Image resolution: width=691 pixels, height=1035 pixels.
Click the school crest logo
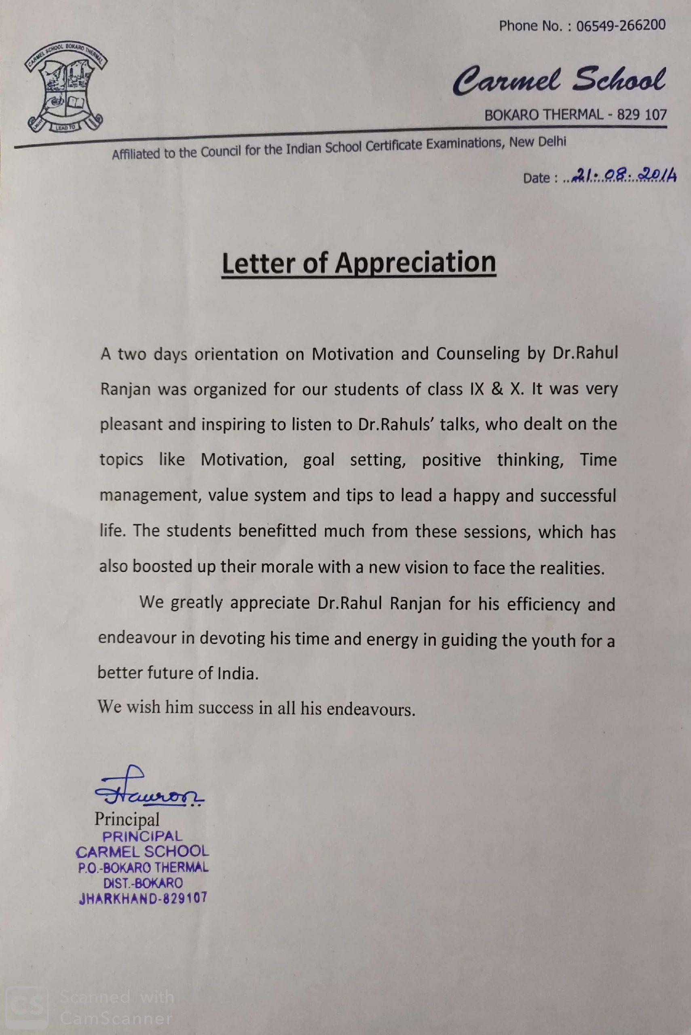66,89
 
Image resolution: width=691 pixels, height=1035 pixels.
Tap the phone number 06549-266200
621,25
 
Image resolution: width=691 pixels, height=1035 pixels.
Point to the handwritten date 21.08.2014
623,177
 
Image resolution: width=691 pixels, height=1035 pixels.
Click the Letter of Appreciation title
359,263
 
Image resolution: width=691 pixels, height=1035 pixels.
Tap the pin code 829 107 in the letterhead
642,115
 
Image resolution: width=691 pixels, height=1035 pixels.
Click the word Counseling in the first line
478,354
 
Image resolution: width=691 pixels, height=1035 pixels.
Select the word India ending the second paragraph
237,673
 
